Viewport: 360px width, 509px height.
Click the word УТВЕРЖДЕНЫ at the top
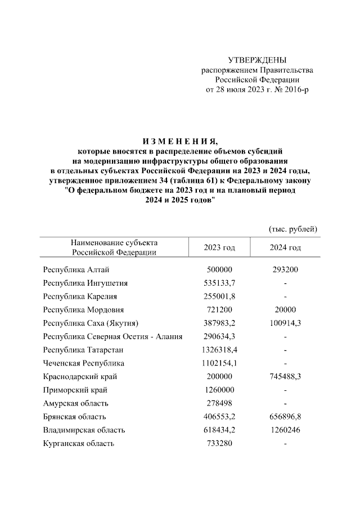[x=257, y=60]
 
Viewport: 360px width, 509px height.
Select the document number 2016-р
[x=296, y=89]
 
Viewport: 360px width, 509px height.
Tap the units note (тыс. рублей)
[x=292, y=229]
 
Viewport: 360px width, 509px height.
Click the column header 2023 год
[x=219, y=247]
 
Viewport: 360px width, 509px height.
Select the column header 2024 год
[x=285, y=247]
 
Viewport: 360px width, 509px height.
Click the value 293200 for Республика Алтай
[x=285, y=269]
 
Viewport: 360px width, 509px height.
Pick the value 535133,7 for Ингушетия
[x=219, y=283]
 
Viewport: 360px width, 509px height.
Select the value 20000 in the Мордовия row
[x=285, y=310]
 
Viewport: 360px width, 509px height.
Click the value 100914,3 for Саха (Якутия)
[x=285, y=323]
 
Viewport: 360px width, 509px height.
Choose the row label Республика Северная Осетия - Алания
[x=112, y=336]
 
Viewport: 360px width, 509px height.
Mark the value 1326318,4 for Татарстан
[x=219, y=350]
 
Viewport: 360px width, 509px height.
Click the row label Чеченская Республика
[x=84, y=363]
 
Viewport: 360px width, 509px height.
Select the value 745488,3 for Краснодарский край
[x=285, y=376]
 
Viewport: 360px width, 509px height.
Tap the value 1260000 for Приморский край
[x=219, y=390]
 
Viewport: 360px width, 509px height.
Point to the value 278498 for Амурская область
[x=219, y=403]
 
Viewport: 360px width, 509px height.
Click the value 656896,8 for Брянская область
[x=285, y=417]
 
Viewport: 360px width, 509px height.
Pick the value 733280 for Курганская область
[x=219, y=444]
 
